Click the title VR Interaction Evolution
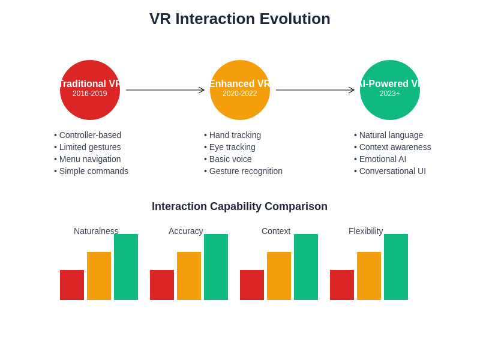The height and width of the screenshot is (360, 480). [x=240, y=19]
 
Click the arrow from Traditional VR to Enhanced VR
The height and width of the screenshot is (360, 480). [x=165, y=90]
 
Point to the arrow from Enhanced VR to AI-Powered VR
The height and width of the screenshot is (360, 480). [x=315, y=90]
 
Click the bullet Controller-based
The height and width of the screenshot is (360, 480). [x=90, y=135]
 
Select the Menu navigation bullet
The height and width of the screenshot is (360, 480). [x=90, y=159]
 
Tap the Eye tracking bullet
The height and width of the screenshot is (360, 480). [x=232, y=147]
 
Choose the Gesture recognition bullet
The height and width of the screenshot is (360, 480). [x=245, y=171]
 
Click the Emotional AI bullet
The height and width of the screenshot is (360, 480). [x=382, y=159]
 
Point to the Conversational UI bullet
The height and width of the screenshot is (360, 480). [x=392, y=171]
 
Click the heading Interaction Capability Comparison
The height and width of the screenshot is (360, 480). [x=239, y=206]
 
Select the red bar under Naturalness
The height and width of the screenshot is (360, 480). [x=72, y=285]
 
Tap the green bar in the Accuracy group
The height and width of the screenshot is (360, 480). [x=216, y=267]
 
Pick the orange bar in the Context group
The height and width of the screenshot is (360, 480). [x=279, y=276]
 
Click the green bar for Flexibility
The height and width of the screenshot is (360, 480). [x=396, y=267]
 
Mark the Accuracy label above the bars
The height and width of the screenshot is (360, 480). [x=186, y=231]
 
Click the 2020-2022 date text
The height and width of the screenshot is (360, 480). [x=239, y=94]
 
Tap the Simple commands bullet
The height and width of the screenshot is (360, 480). [x=94, y=171]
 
